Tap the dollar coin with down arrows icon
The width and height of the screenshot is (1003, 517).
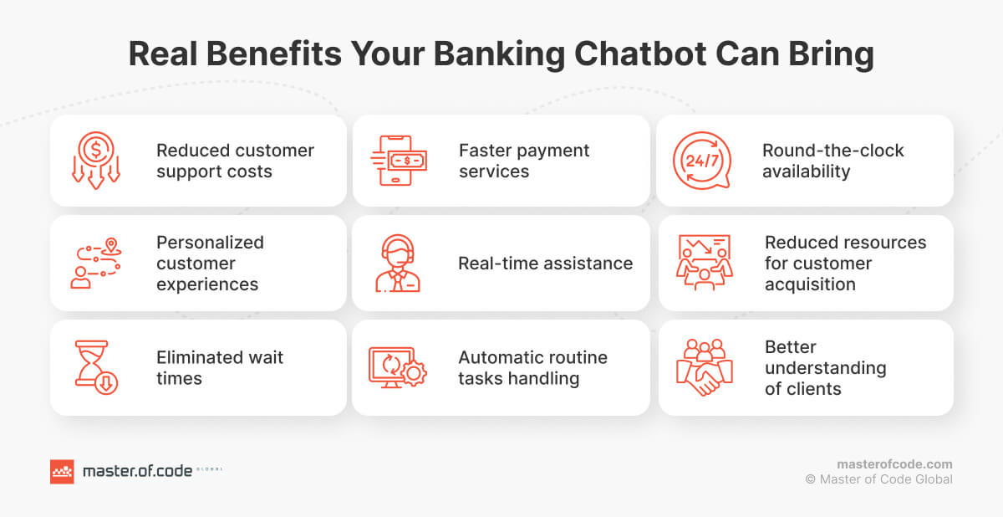96,160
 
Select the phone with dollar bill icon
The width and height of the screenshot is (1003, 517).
398,161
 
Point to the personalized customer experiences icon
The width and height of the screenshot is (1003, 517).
96,264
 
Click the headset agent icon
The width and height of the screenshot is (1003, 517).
398,264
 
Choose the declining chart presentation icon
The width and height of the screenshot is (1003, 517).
703,263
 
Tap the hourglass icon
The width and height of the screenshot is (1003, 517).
96,367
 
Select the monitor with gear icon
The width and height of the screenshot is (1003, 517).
398,368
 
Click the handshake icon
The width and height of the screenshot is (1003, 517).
703,367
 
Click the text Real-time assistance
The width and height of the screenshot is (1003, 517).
545,264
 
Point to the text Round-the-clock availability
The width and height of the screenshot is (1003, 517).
832,161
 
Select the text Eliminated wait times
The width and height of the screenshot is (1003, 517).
220,368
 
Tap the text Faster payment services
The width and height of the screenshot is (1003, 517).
524,161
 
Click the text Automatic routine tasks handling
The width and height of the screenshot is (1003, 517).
532,368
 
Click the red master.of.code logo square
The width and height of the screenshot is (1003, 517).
62,471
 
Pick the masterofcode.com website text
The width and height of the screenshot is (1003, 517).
894,464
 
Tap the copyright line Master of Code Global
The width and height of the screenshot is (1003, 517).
878,479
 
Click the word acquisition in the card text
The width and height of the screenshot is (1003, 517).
810,284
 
